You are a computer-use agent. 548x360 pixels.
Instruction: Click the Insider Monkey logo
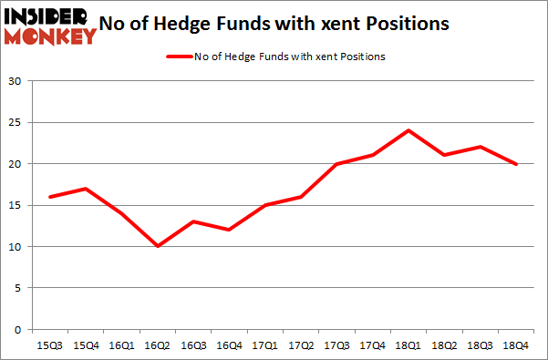(x=50, y=25)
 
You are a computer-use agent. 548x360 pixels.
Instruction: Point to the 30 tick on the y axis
(x=15, y=81)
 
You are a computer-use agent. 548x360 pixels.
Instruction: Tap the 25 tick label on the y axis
(x=15, y=122)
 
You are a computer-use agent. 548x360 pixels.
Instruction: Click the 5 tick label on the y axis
(x=18, y=288)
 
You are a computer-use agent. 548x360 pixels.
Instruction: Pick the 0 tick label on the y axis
(x=18, y=329)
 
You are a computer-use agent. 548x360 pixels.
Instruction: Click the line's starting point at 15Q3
(x=52, y=197)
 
